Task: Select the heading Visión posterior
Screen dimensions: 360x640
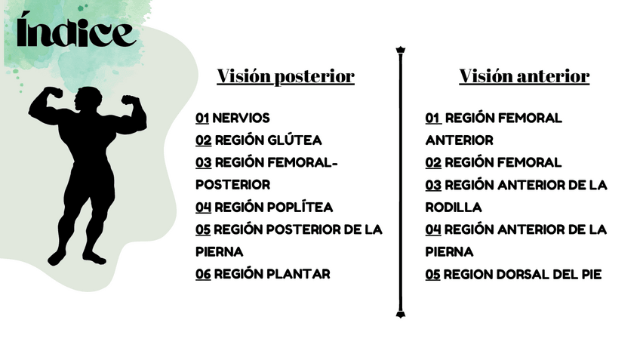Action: [x=285, y=76]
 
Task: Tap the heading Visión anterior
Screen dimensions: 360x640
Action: [x=524, y=76]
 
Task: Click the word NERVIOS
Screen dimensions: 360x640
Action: [x=241, y=118]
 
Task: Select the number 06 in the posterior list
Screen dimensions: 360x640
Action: [x=203, y=274]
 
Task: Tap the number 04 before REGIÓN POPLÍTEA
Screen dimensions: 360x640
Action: [x=203, y=207]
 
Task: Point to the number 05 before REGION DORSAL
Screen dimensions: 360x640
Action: [x=432, y=274]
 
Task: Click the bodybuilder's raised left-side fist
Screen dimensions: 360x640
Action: [x=53, y=93]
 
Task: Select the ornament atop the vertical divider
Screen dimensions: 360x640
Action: [x=400, y=51]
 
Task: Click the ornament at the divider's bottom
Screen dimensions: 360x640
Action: [x=400, y=312]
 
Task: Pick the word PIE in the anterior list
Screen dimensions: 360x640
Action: [x=589, y=274]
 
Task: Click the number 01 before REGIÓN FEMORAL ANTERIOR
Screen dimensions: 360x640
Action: [x=432, y=118]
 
